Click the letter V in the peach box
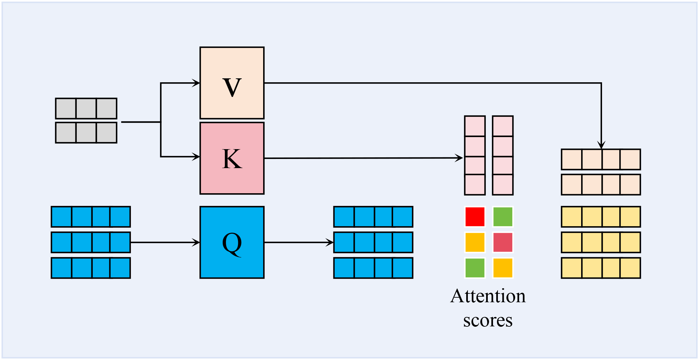tap(232, 87)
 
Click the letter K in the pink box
tap(232, 159)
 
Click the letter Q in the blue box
tap(232, 243)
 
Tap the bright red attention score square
tap(475, 217)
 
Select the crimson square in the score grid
tap(503, 242)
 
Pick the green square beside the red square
tap(503, 217)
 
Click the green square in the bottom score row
tap(475, 268)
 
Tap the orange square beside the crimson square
tap(475, 242)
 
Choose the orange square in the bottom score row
tap(503, 268)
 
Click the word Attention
tap(488, 296)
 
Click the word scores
tap(488, 321)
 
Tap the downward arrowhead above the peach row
tap(601, 145)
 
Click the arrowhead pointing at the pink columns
tap(459, 158)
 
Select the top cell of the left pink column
tap(475, 126)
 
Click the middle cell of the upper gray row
tap(86, 108)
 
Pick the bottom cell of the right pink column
tap(503, 185)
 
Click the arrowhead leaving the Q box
tap(330, 243)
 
